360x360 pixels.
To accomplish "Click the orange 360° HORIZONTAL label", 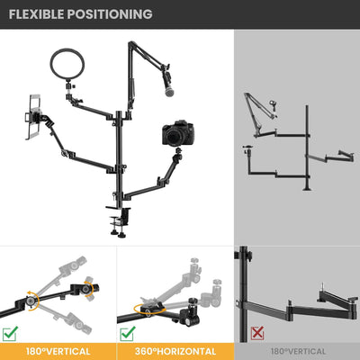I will pos(175,351).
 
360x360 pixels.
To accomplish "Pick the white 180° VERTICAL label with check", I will pos(58,351).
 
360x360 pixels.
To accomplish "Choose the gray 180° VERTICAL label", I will pos(296,351).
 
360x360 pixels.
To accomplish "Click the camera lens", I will pos(174,137).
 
